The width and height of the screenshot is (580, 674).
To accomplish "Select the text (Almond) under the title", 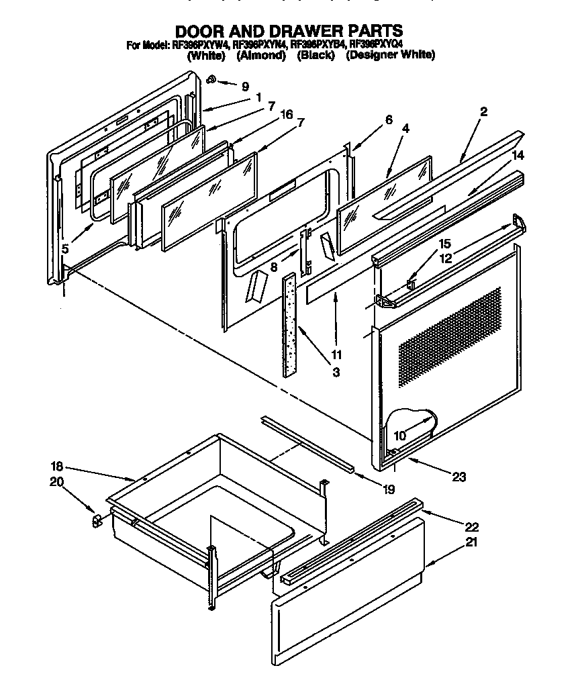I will (261, 56).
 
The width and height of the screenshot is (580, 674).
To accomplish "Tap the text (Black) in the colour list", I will (316, 56).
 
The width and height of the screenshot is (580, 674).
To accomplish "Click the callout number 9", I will (245, 86).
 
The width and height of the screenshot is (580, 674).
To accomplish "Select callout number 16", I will (287, 115).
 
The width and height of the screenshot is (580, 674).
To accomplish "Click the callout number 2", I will (483, 111).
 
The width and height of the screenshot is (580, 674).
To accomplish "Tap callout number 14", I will (518, 155).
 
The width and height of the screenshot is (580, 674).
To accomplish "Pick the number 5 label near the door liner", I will (65, 249).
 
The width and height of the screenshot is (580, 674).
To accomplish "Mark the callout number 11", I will (336, 354).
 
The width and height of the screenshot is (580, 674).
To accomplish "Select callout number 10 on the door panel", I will (399, 436).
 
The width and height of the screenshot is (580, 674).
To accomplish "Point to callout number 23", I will (459, 477).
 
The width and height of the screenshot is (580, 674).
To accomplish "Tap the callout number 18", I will (56, 467).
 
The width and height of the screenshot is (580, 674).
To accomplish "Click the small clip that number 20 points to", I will (96, 519).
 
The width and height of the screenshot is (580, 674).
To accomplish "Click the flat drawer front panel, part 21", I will (349, 604).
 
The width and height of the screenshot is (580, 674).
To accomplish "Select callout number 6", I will (388, 120).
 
